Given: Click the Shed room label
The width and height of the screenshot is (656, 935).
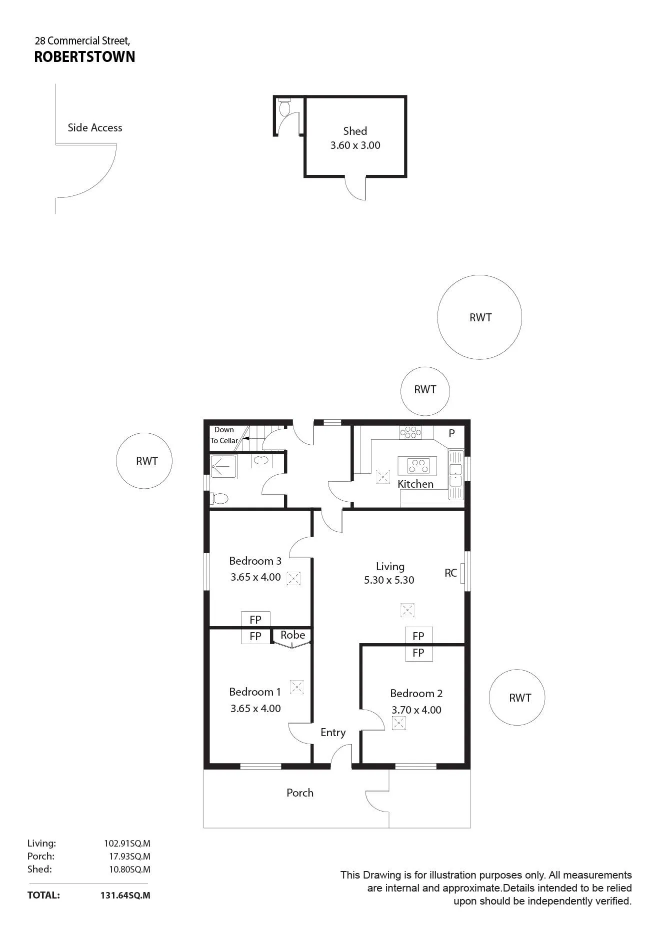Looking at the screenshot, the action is [x=355, y=131].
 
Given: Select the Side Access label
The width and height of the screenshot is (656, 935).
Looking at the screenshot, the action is [x=95, y=128].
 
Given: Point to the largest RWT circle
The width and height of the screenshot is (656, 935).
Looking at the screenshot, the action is [x=479, y=317].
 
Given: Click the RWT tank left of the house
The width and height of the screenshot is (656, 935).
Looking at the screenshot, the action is [x=144, y=461].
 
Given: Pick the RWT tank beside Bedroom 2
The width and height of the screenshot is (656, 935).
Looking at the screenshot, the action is [x=517, y=698].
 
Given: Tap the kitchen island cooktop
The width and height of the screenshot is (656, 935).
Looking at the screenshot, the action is [x=417, y=466].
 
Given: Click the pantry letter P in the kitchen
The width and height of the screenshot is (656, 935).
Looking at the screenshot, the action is [x=451, y=434].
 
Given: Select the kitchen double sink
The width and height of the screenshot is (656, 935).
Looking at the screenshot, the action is [x=456, y=475].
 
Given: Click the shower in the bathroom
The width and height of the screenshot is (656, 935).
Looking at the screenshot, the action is [x=223, y=467].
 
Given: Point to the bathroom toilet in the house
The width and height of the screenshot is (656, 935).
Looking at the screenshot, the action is [x=219, y=498].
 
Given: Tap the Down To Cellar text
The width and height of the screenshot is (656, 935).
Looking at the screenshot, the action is [x=224, y=435].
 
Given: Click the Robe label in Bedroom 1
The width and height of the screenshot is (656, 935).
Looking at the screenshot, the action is [x=292, y=635].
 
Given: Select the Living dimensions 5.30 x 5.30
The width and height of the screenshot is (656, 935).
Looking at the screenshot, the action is [x=389, y=580].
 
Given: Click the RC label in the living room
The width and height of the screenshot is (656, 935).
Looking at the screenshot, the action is [x=450, y=573].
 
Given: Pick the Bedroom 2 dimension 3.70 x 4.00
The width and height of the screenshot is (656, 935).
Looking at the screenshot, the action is [x=416, y=710].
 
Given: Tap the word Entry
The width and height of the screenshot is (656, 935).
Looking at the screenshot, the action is [x=333, y=733].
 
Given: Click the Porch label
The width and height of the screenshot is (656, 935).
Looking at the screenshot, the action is [x=300, y=793].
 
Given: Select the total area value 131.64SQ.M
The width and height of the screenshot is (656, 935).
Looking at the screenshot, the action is [x=125, y=895].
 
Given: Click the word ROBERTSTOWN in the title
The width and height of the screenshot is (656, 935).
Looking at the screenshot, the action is [x=84, y=57].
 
